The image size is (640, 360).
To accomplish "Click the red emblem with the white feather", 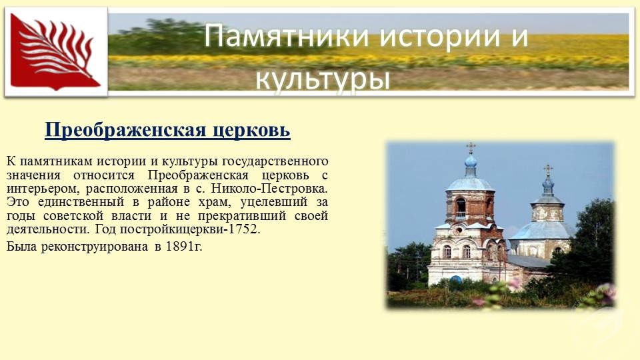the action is tap(55, 51).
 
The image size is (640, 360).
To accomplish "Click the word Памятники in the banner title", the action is tap(288, 36).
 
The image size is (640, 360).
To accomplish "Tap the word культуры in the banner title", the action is tap(323, 77).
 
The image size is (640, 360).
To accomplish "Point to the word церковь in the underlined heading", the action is tap(251, 131).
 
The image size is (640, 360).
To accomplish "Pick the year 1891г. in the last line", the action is tap(184, 247).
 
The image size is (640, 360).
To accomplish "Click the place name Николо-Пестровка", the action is tap(269, 189).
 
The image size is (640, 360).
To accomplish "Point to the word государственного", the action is tap(275, 161).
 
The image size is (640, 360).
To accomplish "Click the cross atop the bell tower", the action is tap(471, 147).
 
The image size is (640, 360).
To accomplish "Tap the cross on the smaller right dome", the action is tap(548, 169).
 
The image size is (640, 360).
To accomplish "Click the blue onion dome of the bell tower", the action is tap(471, 161).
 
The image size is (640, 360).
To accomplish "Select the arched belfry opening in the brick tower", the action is tap(461, 207).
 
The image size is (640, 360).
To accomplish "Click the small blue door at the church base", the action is tap(456, 279).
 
